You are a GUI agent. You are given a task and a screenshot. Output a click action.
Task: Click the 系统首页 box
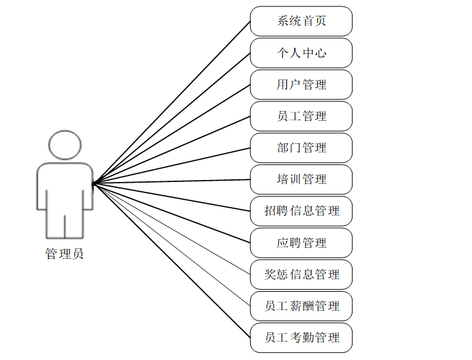pos(301,21)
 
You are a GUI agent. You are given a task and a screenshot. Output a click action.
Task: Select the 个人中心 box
pos(301,53)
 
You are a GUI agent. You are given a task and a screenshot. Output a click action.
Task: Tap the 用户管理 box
pos(301,84)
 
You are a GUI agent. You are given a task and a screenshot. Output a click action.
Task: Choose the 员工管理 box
pos(301,116)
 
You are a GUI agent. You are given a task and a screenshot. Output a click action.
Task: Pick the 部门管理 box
pos(301,147)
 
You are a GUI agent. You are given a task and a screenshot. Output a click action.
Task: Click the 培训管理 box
pos(301,179)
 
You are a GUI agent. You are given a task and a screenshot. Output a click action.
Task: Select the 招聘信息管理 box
pos(301,211)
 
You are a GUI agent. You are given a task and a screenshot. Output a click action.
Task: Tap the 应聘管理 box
pos(301,242)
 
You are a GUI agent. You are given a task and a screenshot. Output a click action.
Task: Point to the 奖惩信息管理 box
pos(301,274)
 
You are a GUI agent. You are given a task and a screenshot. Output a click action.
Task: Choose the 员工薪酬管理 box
pos(301,305)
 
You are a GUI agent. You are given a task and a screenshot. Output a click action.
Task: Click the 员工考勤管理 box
pos(301,337)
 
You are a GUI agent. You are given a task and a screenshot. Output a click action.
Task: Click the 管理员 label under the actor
pos(64,254)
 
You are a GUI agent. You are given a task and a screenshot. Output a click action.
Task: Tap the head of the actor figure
pos(65,145)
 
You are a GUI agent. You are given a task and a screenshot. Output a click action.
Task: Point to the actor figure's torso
pos(65,187)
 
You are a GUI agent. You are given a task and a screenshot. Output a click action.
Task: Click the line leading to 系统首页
pos(171,102)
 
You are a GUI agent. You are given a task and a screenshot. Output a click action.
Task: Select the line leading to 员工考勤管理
pos(171,260)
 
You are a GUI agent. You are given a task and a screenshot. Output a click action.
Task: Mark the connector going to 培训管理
pos(171,181)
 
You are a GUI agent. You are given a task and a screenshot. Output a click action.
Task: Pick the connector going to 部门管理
pos(171,166)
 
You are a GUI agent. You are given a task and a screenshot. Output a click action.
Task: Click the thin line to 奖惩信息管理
pos(171,229)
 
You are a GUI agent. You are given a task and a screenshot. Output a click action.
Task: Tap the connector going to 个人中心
pos(171,118)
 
